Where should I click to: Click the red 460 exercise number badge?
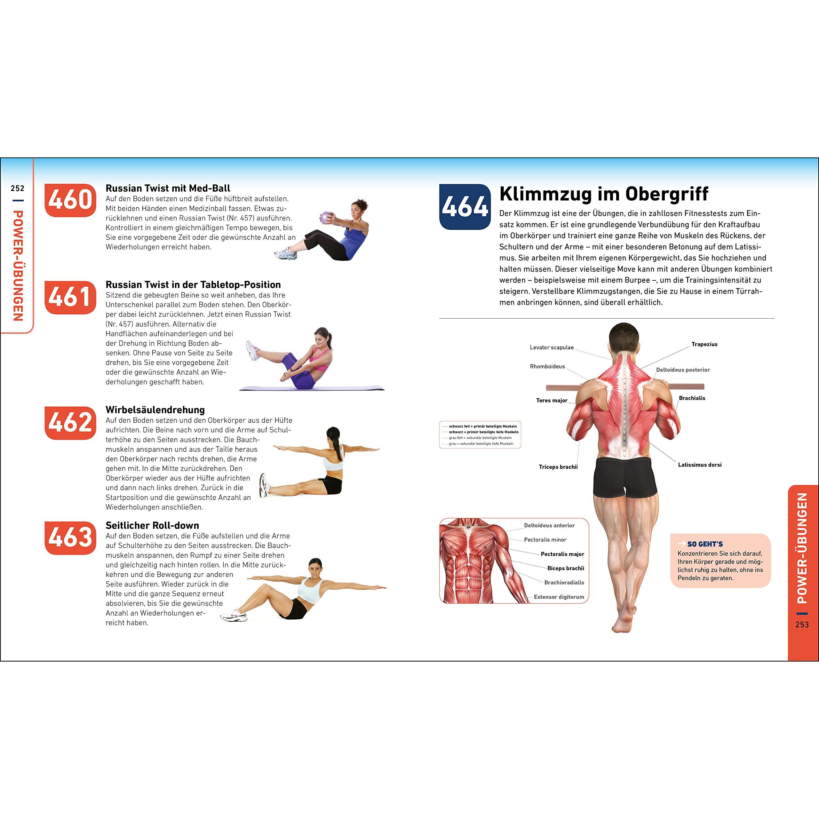coord(70,200)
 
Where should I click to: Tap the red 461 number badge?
coord(70,297)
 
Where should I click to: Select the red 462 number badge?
coord(70,423)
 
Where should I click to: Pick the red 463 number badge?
coord(70,538)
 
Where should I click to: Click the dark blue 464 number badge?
coord(465,207)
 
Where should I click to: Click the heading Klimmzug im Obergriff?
coord(604,194)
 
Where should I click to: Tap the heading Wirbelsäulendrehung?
coord(155,410)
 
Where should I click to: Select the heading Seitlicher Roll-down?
coord(152,526)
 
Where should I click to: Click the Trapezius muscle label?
coord(704,344)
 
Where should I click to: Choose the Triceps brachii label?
coord(558,467)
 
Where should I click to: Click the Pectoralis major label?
coord(562,554)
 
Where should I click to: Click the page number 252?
coord(18,188)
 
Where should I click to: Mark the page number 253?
coord(802,624)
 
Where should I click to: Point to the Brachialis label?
coord(692,398)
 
